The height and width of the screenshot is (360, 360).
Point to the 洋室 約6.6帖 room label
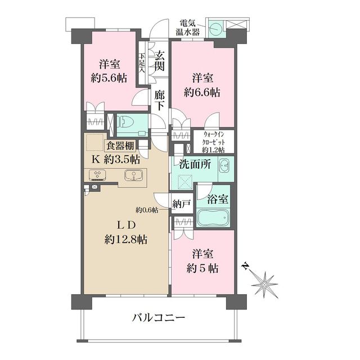202,84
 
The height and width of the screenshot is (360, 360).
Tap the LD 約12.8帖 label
125,232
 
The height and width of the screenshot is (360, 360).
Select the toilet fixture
125,123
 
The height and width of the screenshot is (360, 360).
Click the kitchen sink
133,175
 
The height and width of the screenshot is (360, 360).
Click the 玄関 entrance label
160,62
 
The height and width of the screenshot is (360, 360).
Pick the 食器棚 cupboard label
119,146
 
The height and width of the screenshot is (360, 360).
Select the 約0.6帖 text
146,210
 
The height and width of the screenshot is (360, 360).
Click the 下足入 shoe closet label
142,64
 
